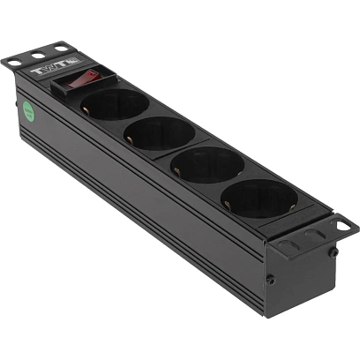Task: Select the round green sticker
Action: (27, 112)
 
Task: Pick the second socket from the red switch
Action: (160, 133)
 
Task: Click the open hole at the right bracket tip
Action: (341, 224)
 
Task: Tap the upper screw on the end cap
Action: (334, 252)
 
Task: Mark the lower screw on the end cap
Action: (271, 280)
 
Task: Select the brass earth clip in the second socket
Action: (132, 138)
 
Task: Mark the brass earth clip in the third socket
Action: (180, 170)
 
